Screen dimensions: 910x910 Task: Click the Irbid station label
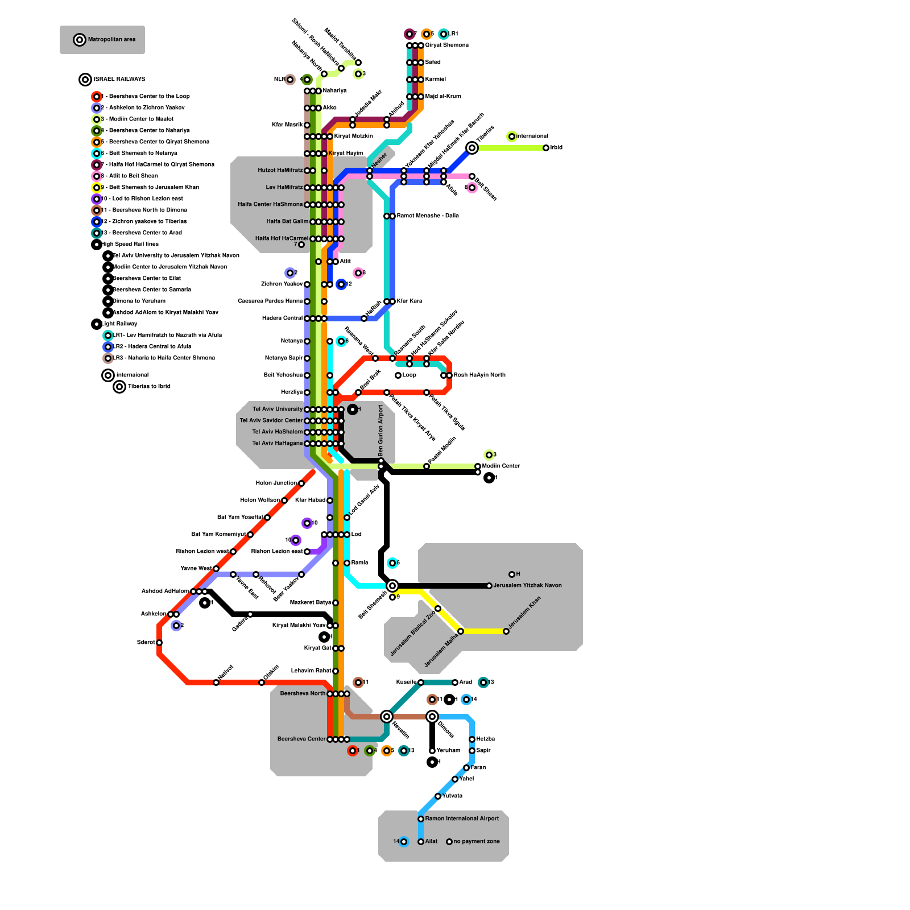pyautogui.click(x=556, y=148)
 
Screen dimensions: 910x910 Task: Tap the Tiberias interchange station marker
pyautogui.click(x=472, y=148)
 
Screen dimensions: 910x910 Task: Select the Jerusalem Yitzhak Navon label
pyautogui.click(x=527, y=586)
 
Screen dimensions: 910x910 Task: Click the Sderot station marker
pyautogui.click(x=159, y=643)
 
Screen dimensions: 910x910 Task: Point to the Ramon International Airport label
pyautogui.click(x=462, y=819)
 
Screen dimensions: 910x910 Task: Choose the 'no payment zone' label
pyautogui.click(x=477, y=842)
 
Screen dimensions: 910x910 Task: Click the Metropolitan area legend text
pyautogui.click(x=111, y=40)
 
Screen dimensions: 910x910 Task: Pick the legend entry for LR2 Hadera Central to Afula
pyautogui.click(x=152, y=347)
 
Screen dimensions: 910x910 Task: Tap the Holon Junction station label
pyautogui.click(x=276, y=483)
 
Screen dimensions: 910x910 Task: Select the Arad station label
pyautogui.click(x=465, y=682)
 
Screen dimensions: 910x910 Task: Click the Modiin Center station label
pyautogui.click(x=501, y=466)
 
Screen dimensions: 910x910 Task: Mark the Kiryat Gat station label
pyautogui.click(x=317, y=648)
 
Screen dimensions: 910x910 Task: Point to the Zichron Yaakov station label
pyautogui.click(x=282, y=284)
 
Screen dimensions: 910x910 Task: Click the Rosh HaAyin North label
pyautogui.click(x=479, y=375)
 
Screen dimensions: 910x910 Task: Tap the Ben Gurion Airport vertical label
pyautogui.click(x=381, y=430)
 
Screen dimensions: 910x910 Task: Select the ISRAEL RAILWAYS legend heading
pyautogui.click(x=119, y=80)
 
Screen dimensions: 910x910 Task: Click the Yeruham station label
pyautogui.click(x=448, y=751)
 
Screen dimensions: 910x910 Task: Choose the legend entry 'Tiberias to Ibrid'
pyautogui.click(x=149, y=387)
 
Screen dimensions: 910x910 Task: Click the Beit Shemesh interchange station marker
pyautogui.click(x=392, y=586)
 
